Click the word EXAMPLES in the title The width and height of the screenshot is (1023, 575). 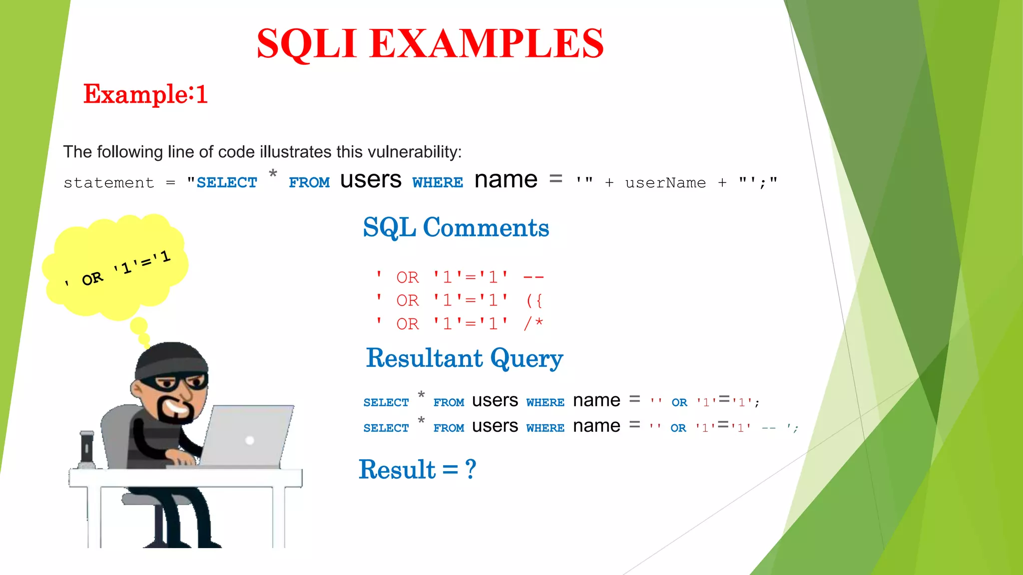click(x=487, y=44)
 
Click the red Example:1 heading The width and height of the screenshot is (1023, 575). click(x=145, y=94)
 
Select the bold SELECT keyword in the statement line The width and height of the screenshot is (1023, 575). click(x=227, y=183)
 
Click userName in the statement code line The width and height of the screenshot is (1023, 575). click(x=665, y=183)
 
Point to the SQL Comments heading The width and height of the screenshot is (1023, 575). click(x=456, y=228)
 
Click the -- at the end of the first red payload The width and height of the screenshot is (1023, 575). click(x=533, y=277)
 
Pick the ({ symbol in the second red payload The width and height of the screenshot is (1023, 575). click(x=534, y=300)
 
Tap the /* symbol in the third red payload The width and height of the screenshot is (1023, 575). click(x=533, y=323)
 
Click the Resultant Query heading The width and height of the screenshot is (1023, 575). click(x=464, y=358)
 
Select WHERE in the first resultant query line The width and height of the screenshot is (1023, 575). click(x=545, y=403)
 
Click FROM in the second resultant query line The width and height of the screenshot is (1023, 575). click(x=449, y=428)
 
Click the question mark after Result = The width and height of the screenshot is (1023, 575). click(x=471, y=470)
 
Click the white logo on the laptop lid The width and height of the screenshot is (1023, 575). click(x=250, y=440)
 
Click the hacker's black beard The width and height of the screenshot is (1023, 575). click(x=175, y=412)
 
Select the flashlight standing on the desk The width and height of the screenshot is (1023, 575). click(x=87, y=449)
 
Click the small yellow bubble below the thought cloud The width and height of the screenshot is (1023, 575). click(x=139, y=326)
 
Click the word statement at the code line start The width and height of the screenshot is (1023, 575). click(x=109, y=183)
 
